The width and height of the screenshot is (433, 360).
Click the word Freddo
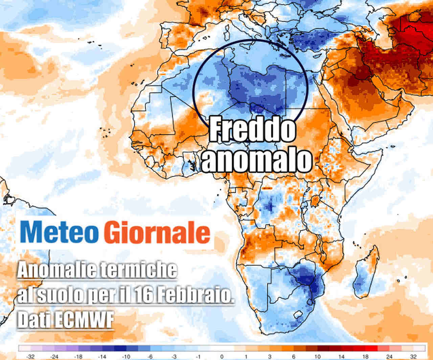(252, 130)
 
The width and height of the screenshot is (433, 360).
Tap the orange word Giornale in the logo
(157, 232)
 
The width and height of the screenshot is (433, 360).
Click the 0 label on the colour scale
(222, 356)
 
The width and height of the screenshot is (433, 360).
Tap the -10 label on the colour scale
(126, 356)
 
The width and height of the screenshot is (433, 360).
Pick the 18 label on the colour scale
(365, 356)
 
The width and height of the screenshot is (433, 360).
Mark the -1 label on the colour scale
(198, 356)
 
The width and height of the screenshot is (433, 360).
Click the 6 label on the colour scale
(293, 356)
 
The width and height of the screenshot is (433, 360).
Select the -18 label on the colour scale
(78, 356)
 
